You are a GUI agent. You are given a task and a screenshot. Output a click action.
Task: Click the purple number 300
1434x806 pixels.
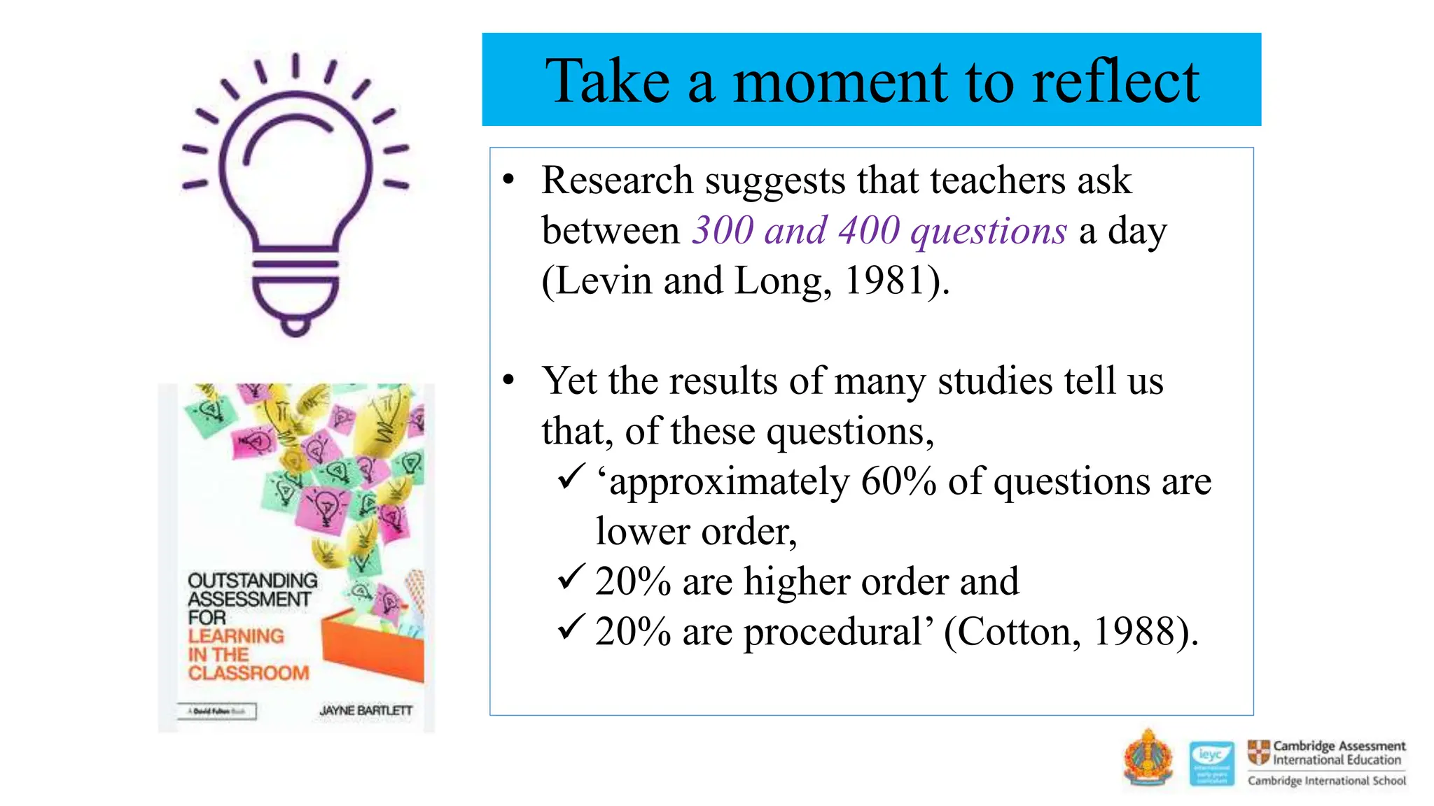pos(723,230)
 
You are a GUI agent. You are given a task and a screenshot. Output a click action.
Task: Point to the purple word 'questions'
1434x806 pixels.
pos(988,232)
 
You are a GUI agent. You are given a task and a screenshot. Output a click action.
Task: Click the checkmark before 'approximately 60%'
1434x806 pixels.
pos(571,477)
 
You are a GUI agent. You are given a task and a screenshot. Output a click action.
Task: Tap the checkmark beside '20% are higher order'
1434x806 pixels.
pos(571,578)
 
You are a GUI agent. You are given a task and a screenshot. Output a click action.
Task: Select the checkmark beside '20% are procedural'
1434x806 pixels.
pos(571,628)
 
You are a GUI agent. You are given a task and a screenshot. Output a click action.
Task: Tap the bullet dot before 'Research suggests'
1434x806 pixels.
pos(509,181)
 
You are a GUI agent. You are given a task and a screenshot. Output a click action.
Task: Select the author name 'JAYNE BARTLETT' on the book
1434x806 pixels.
pos(366,711)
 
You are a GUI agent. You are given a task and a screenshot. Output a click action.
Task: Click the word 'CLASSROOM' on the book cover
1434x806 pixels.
pos(249,673)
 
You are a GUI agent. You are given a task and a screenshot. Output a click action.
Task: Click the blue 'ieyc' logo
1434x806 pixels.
pos(1211,763)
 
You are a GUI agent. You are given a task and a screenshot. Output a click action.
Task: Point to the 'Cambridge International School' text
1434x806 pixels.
pos(1326,781)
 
